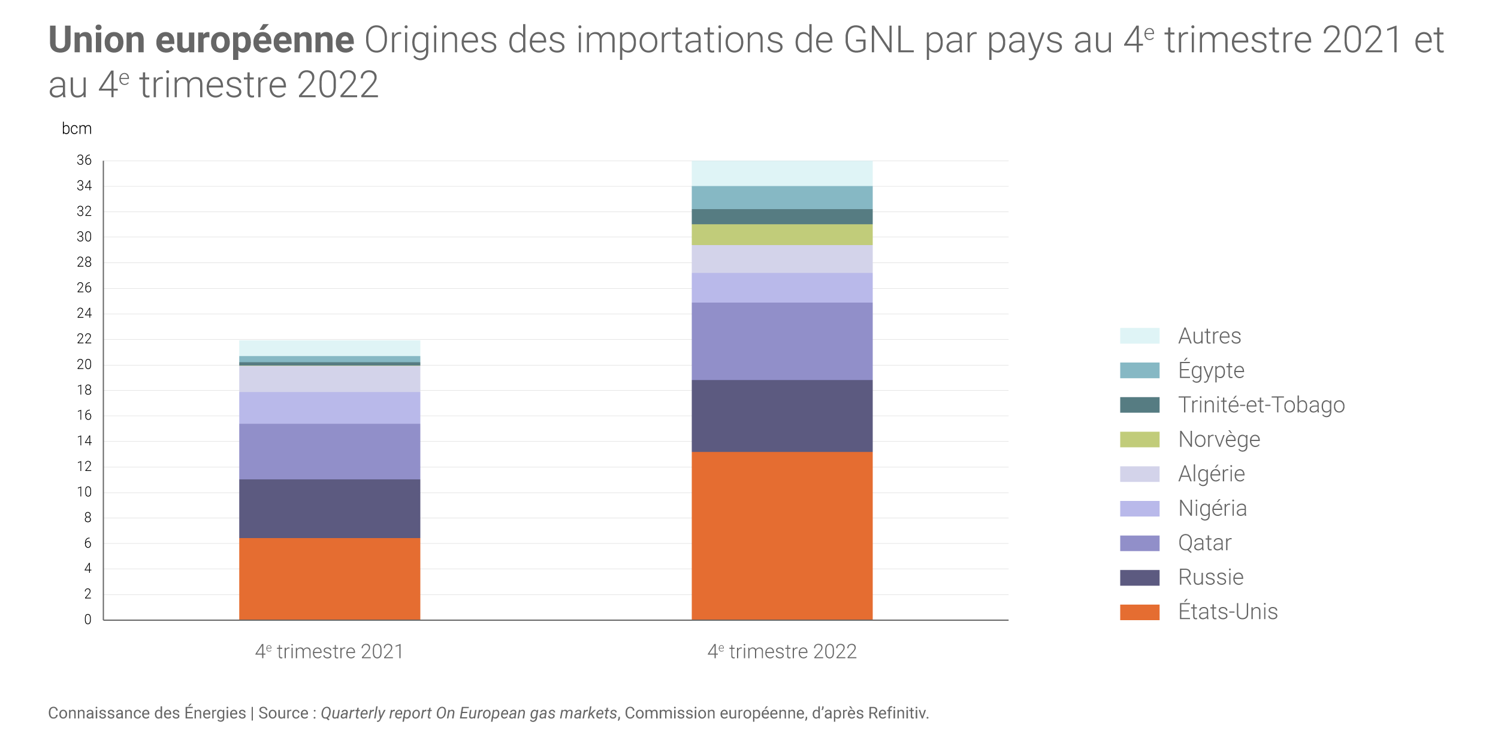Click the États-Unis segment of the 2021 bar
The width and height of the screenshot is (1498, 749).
[x=330, y=579]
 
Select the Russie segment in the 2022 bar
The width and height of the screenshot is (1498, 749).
[x=782, y=416]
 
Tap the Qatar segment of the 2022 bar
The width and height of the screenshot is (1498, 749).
[x=782, y=341]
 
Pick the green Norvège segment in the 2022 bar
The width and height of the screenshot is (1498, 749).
[x=782, y=235]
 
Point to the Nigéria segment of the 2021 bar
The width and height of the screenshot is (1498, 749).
[x=330, y=408]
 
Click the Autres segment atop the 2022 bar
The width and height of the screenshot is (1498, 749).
[x=782, y=173]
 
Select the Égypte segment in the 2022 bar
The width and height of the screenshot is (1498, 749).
[x=782, y=198]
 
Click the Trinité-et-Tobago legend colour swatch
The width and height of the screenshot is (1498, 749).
[x=1139, y=405]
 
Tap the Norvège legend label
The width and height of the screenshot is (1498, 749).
[x=1219, y=439]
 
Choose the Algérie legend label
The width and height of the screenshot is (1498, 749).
[x=1211, y=474]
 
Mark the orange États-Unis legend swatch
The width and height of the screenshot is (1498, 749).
[x=1139, y=612]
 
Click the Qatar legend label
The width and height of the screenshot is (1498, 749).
[x=1204, y=543]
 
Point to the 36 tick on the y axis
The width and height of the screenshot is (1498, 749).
[x=84, y=160]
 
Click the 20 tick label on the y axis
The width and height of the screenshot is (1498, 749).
[x=84, y=364]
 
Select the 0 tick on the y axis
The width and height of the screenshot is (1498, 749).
[x=88, y=620]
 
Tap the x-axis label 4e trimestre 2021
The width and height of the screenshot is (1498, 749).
[x=330, y=651]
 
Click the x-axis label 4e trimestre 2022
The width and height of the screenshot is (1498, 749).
[x=782, y=651]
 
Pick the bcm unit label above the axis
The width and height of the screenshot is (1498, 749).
[x=77, y=129]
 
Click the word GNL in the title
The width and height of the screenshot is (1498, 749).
[x=878, y=40]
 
